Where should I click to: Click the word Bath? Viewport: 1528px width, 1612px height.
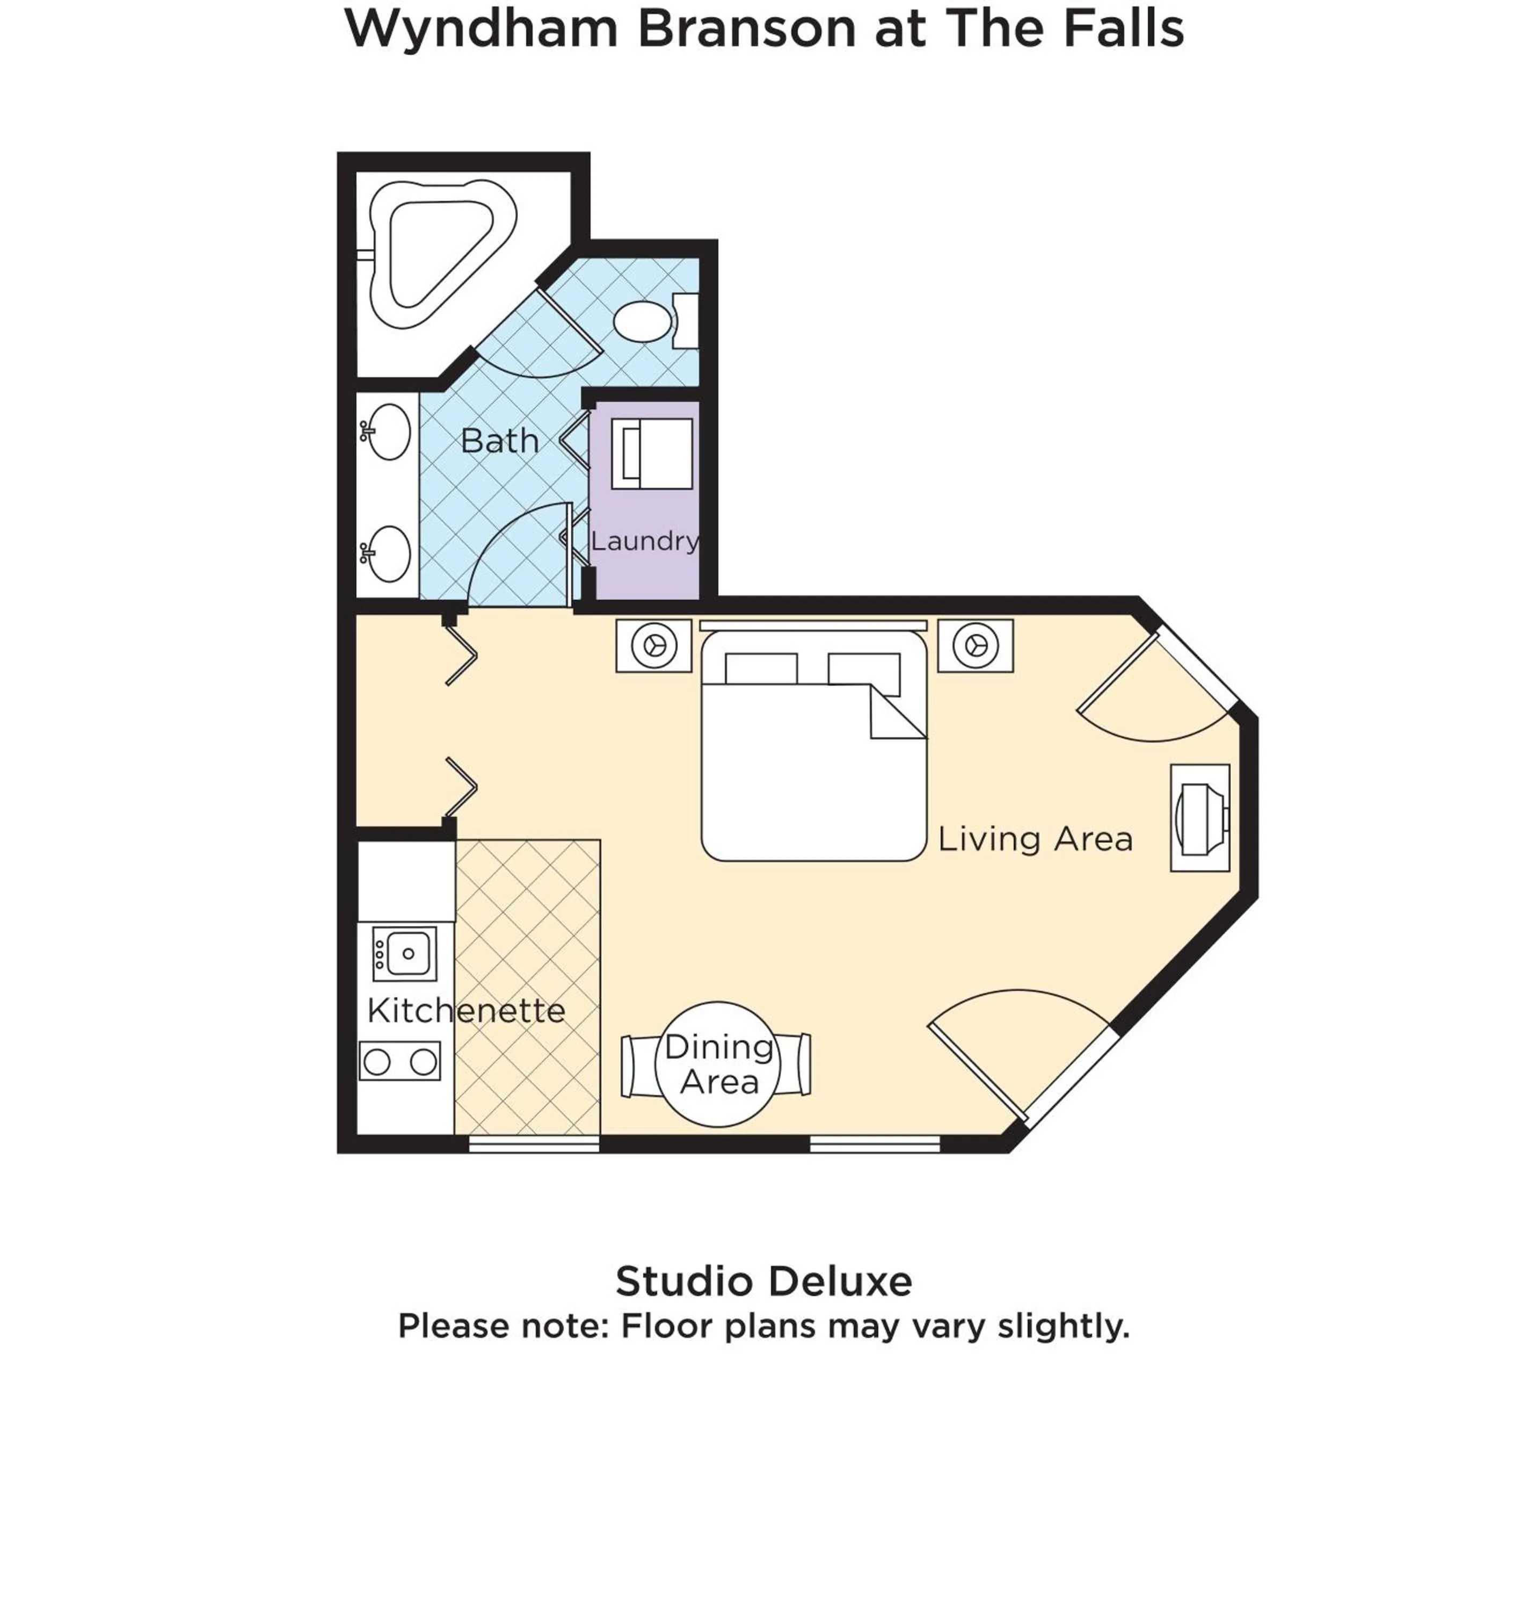499,441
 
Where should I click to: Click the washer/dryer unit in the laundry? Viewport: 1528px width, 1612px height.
652,454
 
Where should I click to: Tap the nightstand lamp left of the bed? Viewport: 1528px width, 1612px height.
654,645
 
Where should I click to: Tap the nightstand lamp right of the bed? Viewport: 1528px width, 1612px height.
975,645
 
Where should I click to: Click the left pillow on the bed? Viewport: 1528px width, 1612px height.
761,668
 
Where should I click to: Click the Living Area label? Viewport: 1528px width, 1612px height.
1035,839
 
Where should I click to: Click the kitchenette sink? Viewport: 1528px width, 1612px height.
405,953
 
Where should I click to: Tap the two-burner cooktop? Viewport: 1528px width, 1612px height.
400,1061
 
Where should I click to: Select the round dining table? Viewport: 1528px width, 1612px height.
718,1064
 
